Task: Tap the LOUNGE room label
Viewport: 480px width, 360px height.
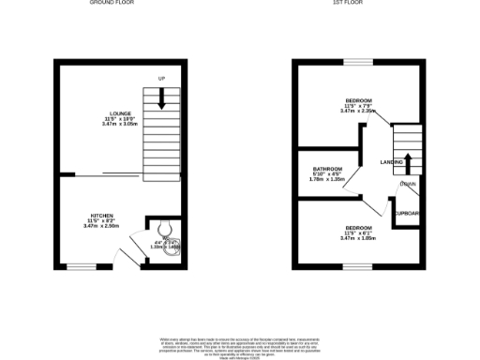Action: click(118, 114)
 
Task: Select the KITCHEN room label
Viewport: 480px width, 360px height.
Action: click(101, 215)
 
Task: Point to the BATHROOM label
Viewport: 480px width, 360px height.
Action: click(327, 170)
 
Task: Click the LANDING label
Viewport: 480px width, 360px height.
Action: click(392, 162)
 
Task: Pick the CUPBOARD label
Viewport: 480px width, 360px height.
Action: click(408, 214)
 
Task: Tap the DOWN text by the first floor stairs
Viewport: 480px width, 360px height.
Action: click(408, 184)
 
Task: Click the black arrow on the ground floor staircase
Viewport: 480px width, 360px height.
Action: click(162, 97)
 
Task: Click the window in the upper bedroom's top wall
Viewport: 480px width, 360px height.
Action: click(356, 62)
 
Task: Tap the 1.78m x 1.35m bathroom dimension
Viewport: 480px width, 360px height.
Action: click(328, 181)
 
